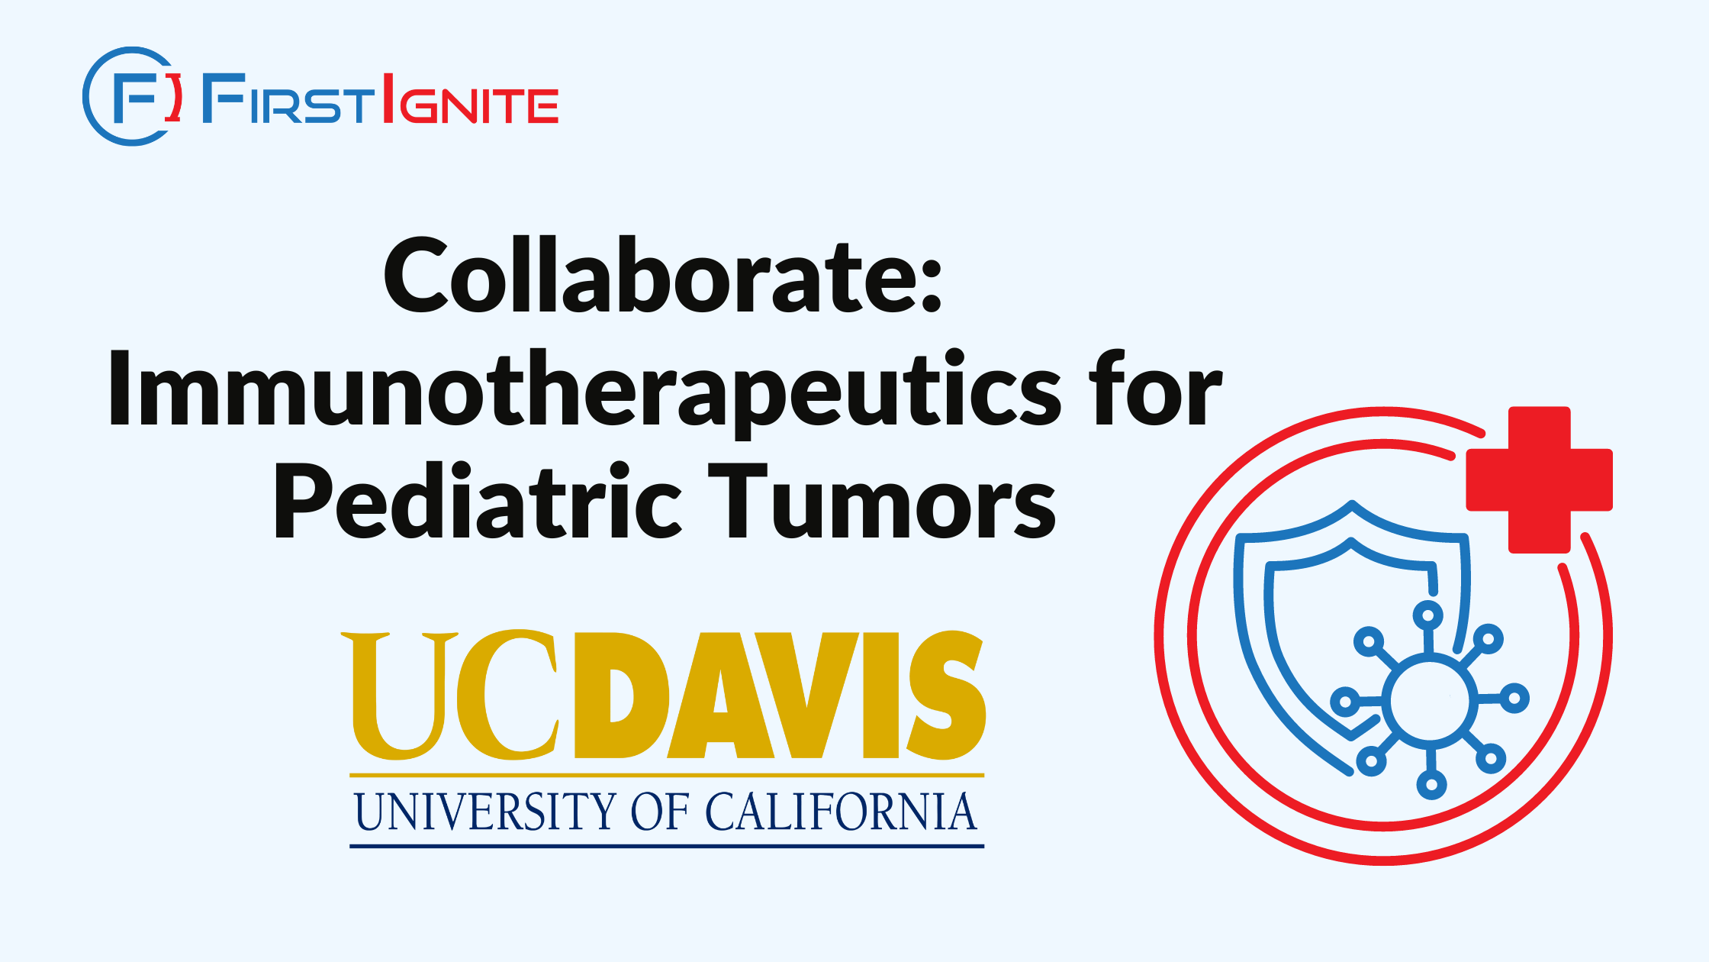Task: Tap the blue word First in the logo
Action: coord(289,98)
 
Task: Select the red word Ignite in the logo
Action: coord(470,98)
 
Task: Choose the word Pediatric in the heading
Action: coord(478,502)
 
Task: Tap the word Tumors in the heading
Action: coord(882,502)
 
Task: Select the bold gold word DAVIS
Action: coord(780,695)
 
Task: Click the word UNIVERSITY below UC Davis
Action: coord(484,811)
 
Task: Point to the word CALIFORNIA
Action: coord(841,811)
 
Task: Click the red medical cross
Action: coord(1539,479)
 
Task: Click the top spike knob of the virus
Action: coord(1427,615)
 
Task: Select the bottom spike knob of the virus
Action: coord(1431,785)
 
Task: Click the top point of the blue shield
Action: coord(1352,504)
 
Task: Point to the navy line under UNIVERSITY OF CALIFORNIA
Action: coord(667,846)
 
